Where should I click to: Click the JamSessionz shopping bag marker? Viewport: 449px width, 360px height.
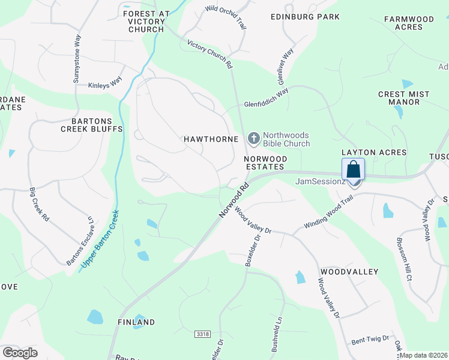[x=353, y=170]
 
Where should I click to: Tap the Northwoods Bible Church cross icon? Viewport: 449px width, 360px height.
[x=254, y=139]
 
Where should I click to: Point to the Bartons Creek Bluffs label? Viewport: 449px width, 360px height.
[x=92, y=125]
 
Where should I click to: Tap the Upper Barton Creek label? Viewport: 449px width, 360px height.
[x=100, y=239]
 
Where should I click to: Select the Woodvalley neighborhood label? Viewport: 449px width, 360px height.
[x=349, y=272]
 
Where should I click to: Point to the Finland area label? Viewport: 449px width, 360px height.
[x=136, y=322]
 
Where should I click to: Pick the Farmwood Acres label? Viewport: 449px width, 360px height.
[x=409, y=23]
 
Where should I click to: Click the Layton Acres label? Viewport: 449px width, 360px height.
[x=374, y=153]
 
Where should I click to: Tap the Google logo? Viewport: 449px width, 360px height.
[x=20, y=352]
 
